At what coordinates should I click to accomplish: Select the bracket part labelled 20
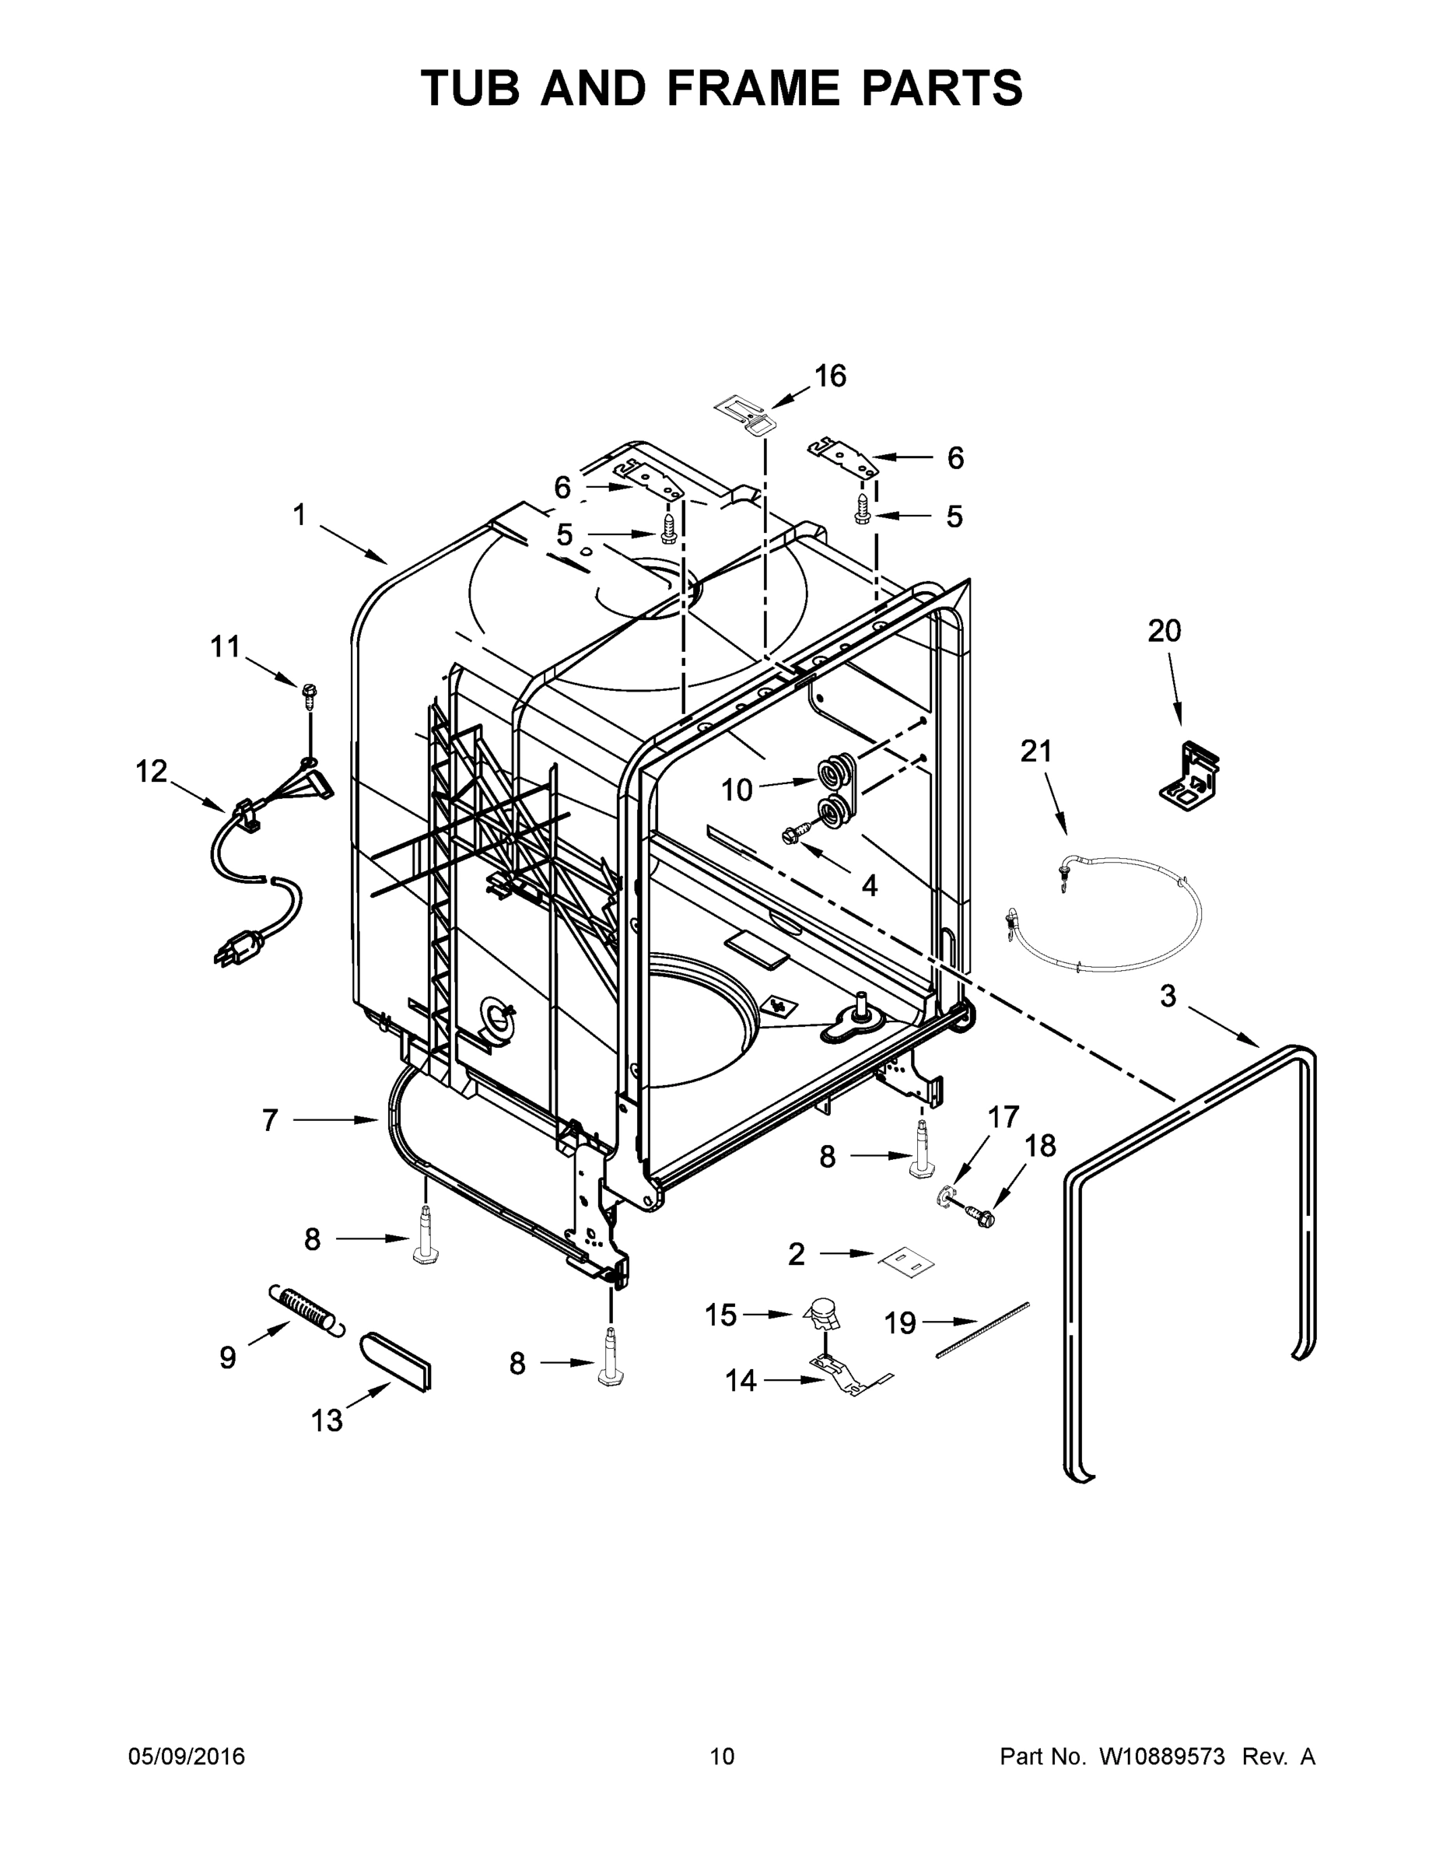1190,776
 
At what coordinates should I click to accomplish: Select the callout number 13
327,1420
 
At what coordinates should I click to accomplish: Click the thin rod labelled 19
983,1329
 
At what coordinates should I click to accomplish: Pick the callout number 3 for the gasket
1168,995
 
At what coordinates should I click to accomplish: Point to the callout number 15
720,1315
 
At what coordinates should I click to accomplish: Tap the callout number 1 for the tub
299,515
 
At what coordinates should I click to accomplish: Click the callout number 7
270,1120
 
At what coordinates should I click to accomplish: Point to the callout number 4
869,885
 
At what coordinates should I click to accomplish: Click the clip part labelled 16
742,412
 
